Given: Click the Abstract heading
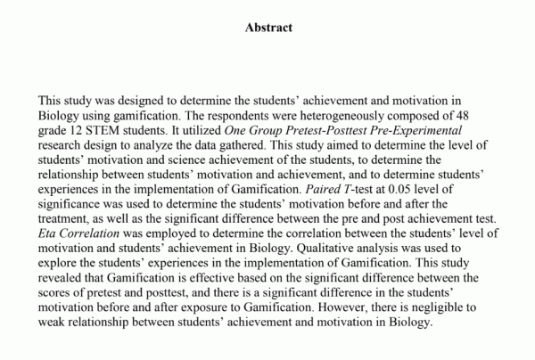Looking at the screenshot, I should [268, 28].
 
